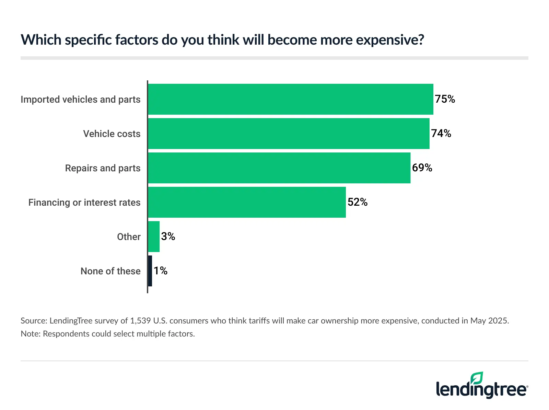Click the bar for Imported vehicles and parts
290,99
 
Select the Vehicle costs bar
289,134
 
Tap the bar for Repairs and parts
279,168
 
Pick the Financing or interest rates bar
247,202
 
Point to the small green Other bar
154,237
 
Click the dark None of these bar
150,271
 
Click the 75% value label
445,99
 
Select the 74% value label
441,134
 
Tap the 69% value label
422,168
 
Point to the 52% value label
357,202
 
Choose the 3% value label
168,237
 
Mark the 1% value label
160,271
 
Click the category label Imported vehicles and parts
81,100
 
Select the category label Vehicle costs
112,134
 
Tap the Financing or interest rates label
84,203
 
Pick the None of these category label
110,271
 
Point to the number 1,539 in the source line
140,321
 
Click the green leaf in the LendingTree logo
477,378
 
